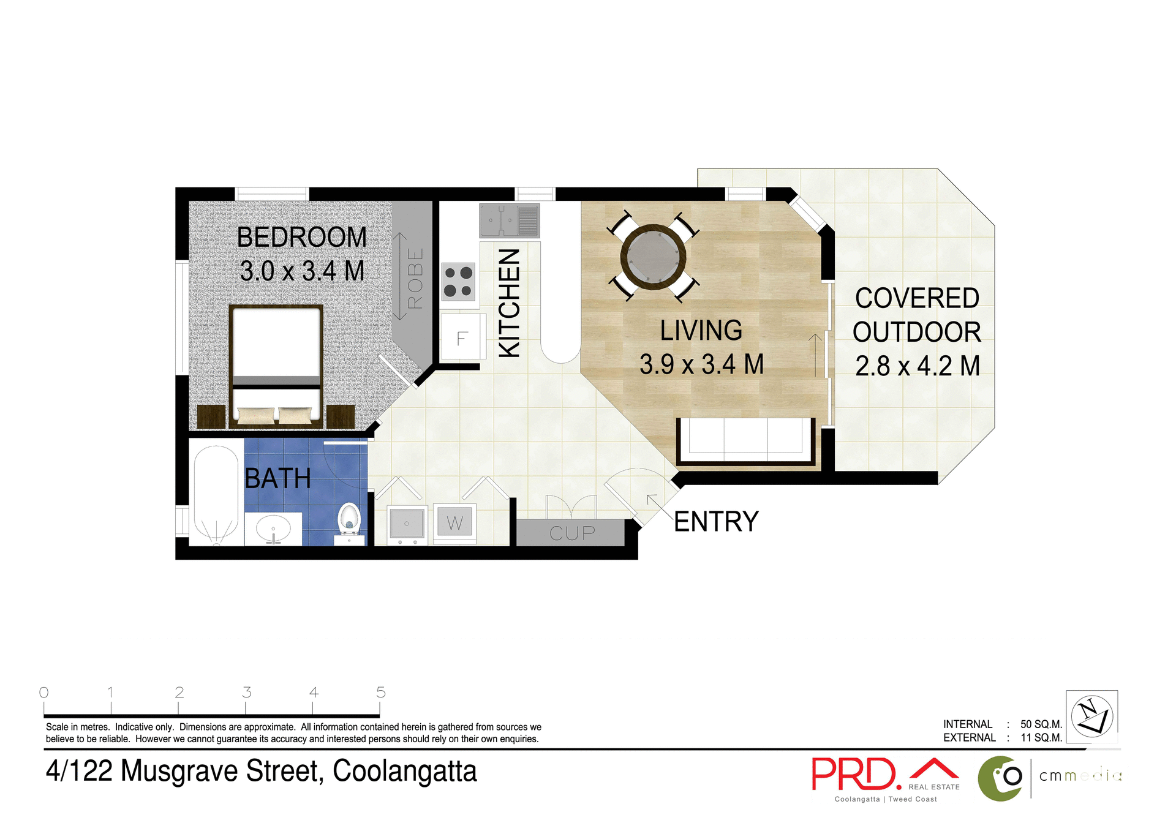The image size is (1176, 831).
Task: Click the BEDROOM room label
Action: [x=301, y=238]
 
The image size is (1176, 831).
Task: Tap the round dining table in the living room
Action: [x=653, y=257]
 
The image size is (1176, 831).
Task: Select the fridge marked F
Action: [x=463, y=337]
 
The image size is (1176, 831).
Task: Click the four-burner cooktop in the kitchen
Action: [x=458, y=282]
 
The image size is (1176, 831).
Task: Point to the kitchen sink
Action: [x=509, y=220]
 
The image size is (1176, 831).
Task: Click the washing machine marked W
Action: [x=454, y=522]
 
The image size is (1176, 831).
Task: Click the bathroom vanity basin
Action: [x=273, y=528]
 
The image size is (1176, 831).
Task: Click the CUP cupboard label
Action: [x=571, y=533]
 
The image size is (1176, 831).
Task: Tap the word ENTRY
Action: [x=716, y=522]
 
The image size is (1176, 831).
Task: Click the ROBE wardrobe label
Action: [x=415, y=278]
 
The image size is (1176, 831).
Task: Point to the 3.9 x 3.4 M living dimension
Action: [x=701, y=364]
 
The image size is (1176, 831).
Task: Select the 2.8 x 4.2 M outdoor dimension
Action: [x=917, y=366]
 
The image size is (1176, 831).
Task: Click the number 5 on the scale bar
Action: [x=380, y=693]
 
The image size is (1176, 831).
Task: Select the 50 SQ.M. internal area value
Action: [x=1041, y=724]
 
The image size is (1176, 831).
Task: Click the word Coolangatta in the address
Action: [x=404, y=772]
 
